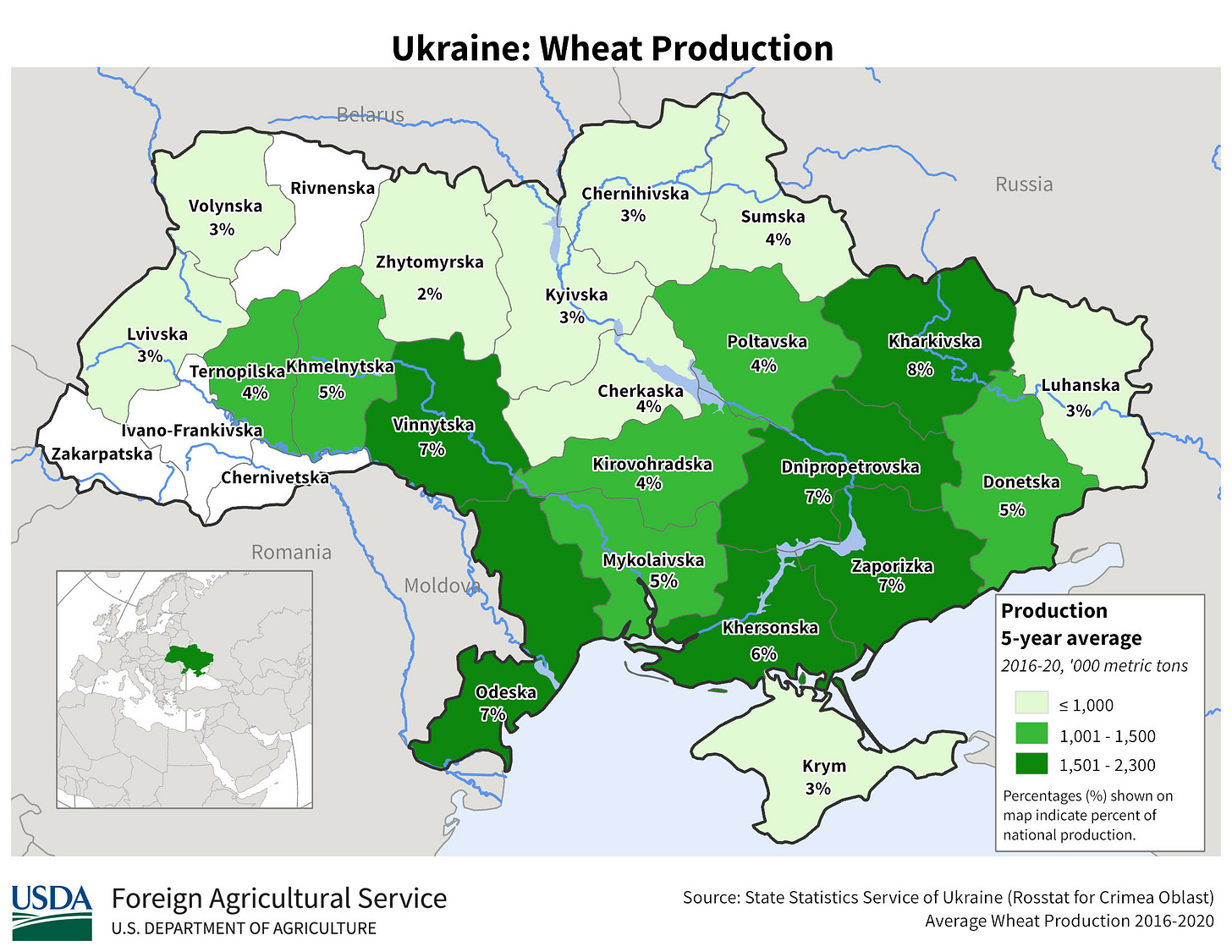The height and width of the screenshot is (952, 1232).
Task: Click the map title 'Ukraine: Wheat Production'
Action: [612, 48]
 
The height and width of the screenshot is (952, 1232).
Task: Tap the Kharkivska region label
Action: [934, 342]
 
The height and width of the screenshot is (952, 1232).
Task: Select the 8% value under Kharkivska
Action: [920, 369]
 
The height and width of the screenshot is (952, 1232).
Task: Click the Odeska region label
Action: [506, 692]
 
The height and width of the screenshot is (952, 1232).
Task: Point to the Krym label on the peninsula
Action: [823, 766]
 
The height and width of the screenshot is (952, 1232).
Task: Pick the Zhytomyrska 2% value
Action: [430, 294]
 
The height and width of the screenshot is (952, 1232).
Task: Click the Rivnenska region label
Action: [332, 188]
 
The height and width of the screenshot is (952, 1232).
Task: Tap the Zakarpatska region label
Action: [102, 454]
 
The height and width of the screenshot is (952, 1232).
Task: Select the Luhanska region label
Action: [1080, 385]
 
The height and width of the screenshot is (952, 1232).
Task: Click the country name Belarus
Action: [370, 114]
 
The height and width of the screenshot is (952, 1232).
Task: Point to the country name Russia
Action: [1024, 184]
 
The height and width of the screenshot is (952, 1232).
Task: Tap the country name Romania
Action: [291, 553]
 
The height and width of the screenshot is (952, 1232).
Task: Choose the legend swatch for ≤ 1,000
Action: [1031, 704]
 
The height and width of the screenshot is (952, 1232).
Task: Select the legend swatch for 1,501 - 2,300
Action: [1031, 765]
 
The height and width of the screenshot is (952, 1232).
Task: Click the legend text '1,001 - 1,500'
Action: [1107, 736]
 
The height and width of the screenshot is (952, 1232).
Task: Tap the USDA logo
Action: [52, 911]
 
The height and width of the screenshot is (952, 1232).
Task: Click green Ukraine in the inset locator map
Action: [189, 656]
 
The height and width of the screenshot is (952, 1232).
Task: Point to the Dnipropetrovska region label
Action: [850, 467]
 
